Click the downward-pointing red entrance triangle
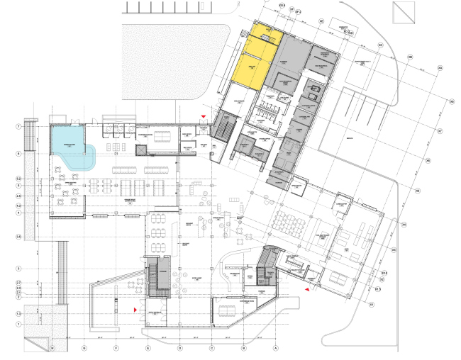(204, 116)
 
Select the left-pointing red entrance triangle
(306, 290)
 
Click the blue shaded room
(69, 150)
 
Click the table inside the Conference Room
(228, 310)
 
